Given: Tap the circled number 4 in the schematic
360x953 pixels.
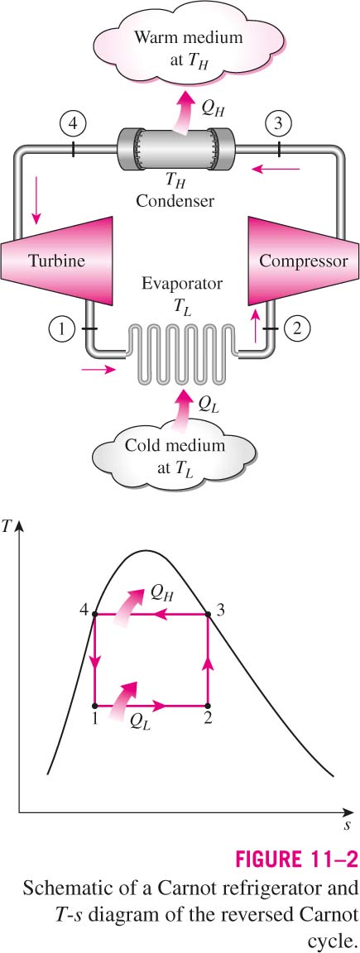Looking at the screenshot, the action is tap(72, 125).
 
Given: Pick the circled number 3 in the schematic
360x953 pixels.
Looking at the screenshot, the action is tap(279, 125).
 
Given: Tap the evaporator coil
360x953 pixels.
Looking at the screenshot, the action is tap(181, 354).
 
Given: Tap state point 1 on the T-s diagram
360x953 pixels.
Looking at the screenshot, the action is tap(95, 706).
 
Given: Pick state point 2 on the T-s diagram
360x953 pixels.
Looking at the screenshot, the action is tap(208, 706).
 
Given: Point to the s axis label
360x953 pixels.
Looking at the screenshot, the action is tap(346, 826).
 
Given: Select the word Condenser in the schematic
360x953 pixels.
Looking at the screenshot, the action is tap(175, 200).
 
